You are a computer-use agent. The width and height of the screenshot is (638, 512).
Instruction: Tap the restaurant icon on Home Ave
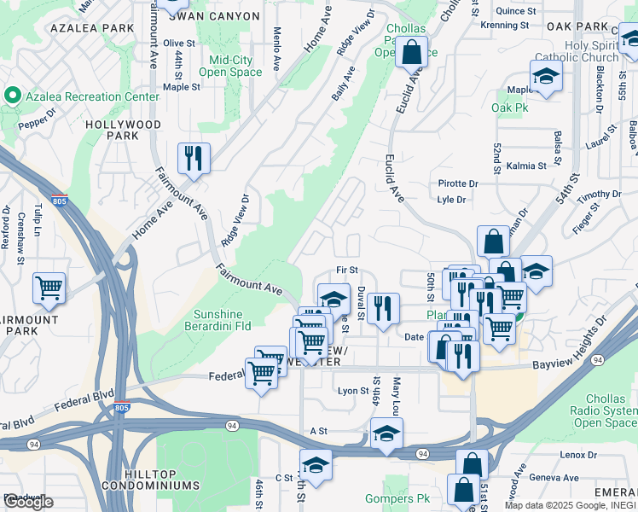(194, 158)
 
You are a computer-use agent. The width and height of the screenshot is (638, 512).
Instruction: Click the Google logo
(28, 502)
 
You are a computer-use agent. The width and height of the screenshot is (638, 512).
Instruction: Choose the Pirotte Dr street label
(458, 183)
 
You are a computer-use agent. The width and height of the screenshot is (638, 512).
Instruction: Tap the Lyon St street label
(351, 391)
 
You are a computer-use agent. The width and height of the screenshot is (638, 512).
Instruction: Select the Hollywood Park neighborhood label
(123, 130)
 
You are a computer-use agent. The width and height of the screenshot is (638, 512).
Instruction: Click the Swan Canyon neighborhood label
(219, 16)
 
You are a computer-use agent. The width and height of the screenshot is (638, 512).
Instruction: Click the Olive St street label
(179, 43)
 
